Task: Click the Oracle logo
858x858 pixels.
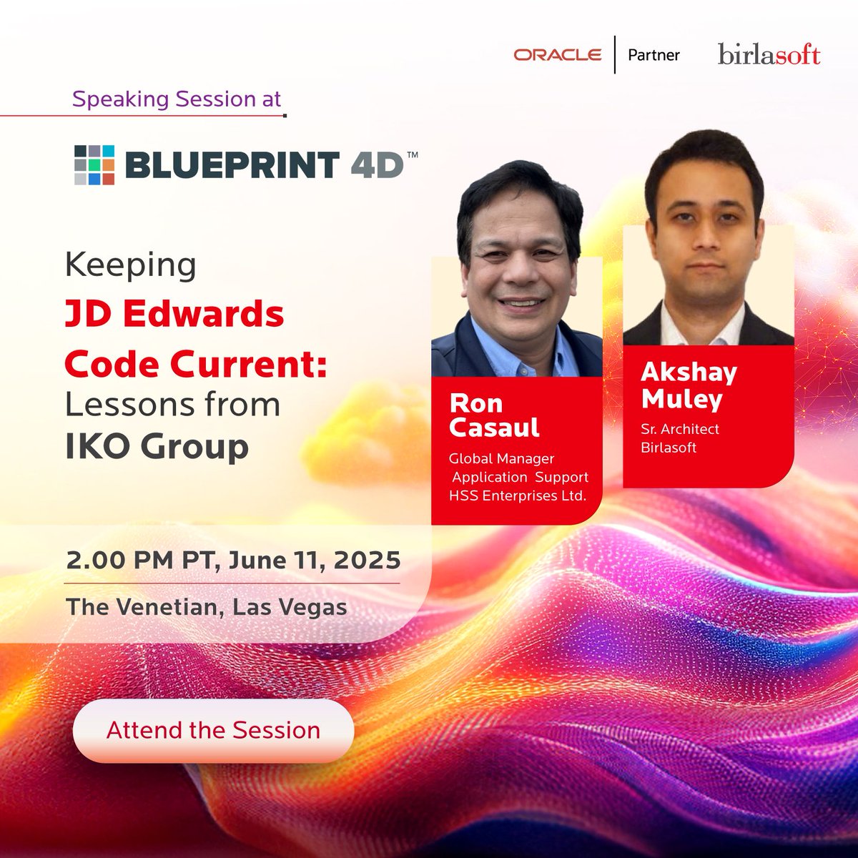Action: pyautogui.click(x=557, y=55)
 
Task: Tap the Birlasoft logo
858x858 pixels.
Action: pyautogui.click(x=769, y=55)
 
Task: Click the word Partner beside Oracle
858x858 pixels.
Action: pyautogui.click(x=654, y=55)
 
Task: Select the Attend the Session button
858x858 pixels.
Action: pyautogui.click(x=213, y=730)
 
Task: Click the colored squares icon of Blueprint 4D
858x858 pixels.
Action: pyautogui.click(x=94, y=165)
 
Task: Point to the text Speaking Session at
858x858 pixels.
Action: pyautogui.click(x=177, y=99)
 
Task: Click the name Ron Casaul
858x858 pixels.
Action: pyautogui.click(x=494, y=415)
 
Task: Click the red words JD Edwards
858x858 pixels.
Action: pyautogui.click(x=174, y=314)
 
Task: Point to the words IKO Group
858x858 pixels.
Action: pyautogui.click(x=157, y=446)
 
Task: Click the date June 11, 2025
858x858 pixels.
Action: pyautogui.click(x=314, y=560)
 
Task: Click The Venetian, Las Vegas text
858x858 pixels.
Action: pyautogui.click(x=206, y=608)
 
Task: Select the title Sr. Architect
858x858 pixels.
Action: pyautogui.click(x=680, y=429)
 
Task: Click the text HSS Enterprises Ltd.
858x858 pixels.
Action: pyautogui.click(x=517, y=495)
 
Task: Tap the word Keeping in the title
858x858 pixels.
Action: pyautogui.click(x=130, y=265)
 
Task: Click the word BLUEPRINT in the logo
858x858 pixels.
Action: pyautogui.click(x=231, y=165)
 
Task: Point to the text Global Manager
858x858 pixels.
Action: pyautogui.click(x=501, y=458)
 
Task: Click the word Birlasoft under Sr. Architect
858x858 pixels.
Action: pyautogui.click(x=669, y=448)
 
